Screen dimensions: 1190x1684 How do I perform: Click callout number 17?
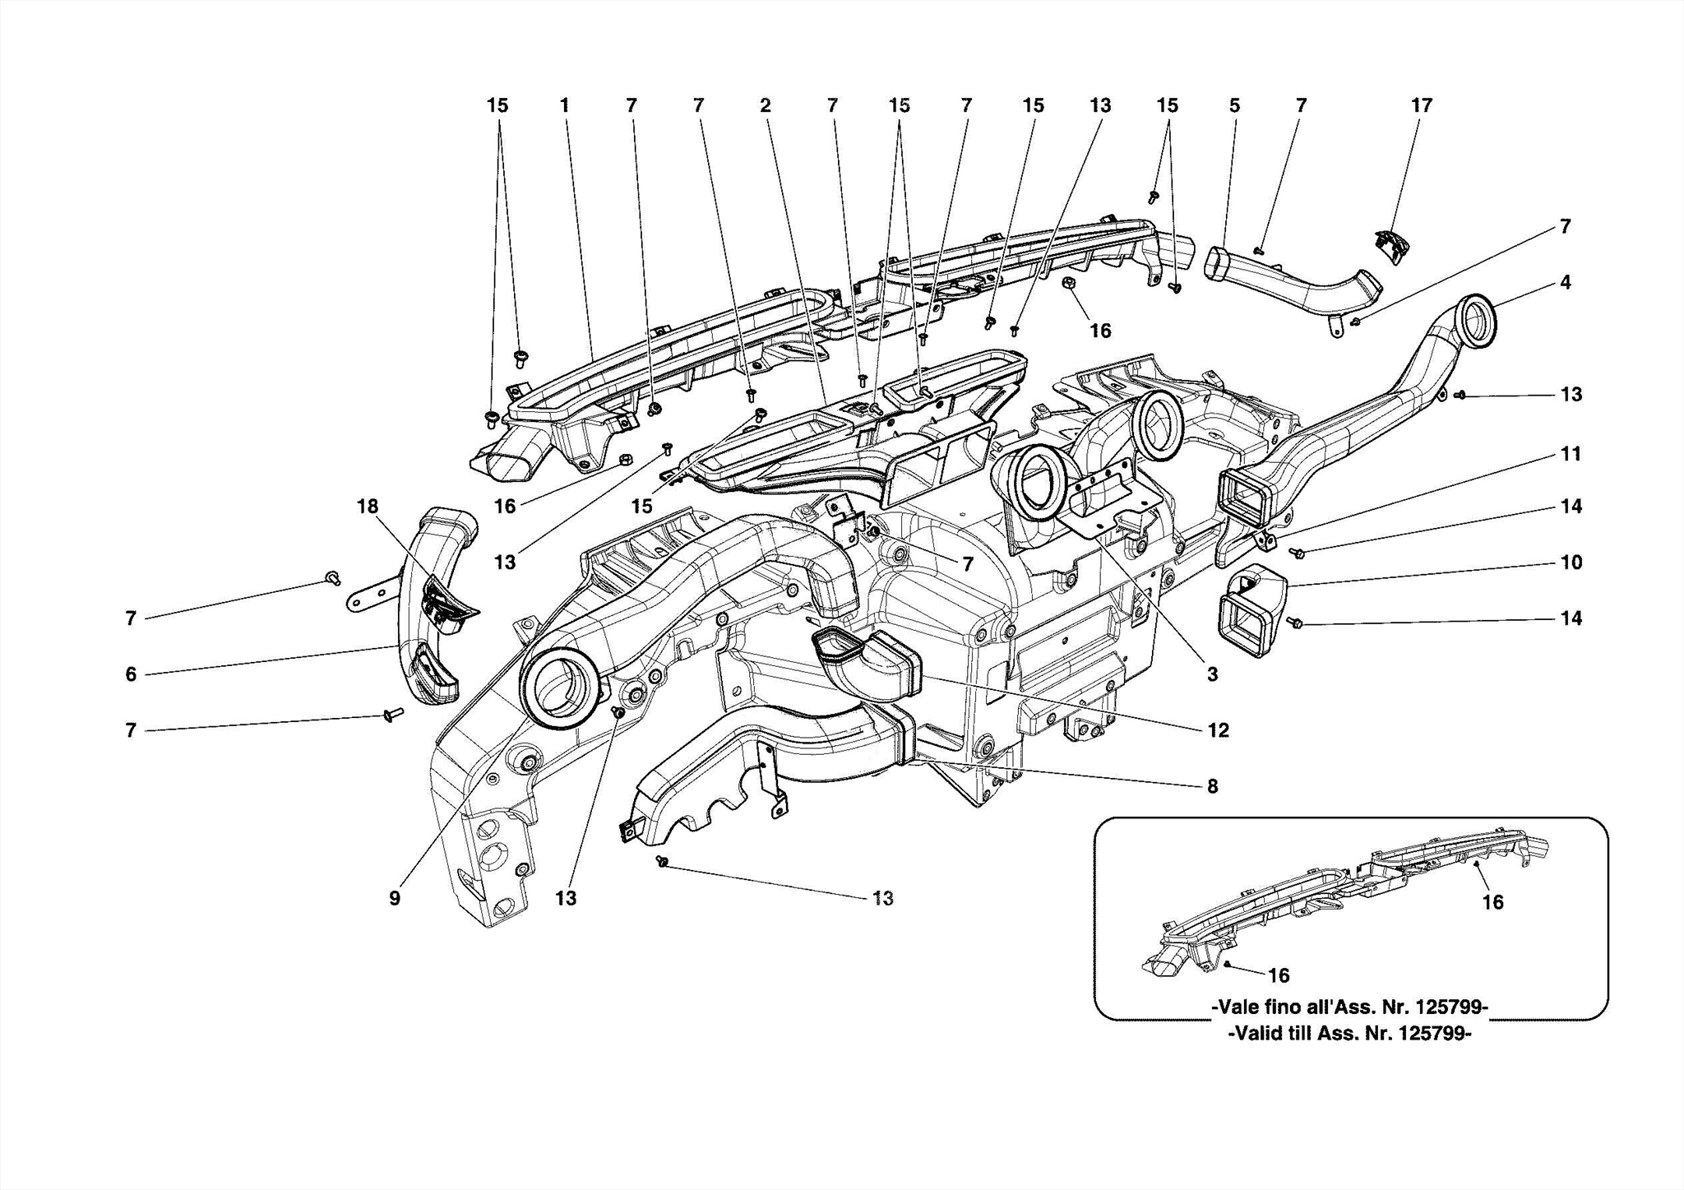[x=1421, y=105]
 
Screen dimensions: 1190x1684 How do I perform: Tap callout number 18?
[x=367, y=506]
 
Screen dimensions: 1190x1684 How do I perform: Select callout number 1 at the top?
[x=564, y=105]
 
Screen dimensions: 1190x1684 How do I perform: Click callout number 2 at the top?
[x=765, y=105]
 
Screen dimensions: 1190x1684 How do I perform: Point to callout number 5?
[x=1234, y=105]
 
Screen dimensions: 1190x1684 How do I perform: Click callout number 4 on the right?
[x=1565, y=282]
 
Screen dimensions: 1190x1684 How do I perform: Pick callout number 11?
[x=1571, y=454]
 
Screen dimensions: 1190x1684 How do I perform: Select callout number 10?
[x=1571, y=563]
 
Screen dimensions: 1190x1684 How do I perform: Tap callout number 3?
[x=1212, y=674]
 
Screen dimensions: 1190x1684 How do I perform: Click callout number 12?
[x=1218, y=730]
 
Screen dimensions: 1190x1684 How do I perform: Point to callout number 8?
[x=1212, y=786]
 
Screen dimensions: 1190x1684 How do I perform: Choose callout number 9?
[x=395, y=898]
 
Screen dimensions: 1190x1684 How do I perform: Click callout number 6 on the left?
[x=131, y=674]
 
